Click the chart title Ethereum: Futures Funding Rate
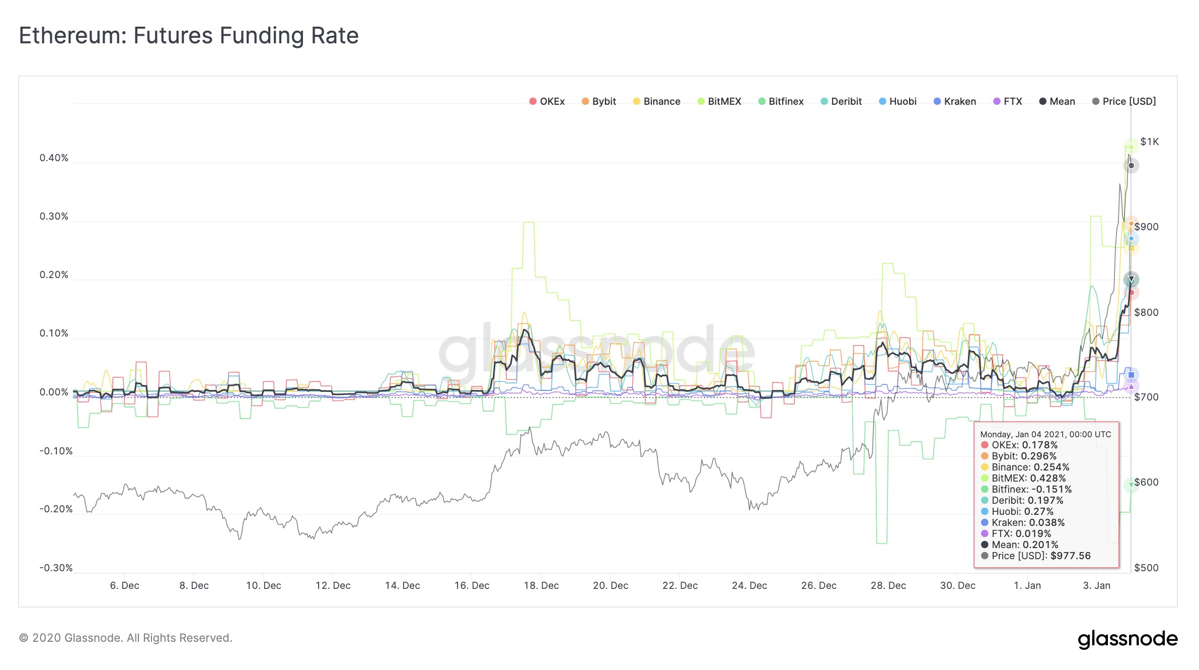pyautogui.click(x=189, y=36)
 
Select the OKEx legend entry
pyautogui.click(x=547, y=101)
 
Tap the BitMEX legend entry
pyautogui.click(x=719, y=101)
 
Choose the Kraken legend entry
pyautogui.click(x=955, y=101)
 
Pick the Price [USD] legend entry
pyautogui.click(x=1124, y=101)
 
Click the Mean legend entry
pyautogui.click(x=1058, y=101)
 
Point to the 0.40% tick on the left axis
pyautogui.click(x=54, y=158)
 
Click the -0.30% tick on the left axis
pyautogui.click(x=56, y=568)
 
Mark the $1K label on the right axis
pyautogui.click(x=1149, y=142)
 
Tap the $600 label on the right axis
pyautogui.click(x=1146, y=482)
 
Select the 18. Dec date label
pyautogui.click(x=541, y=585)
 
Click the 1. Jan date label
pyautogui.click(x=1027, y=585)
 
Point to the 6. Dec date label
pyautogui.click(x=124, y=585)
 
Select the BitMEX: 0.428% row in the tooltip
pyautogui.click(x=1028, y=478)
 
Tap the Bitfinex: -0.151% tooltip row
pyautogui.click(x=1031, y=489)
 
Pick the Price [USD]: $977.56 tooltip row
pyautogui.click(x=1040, y=556)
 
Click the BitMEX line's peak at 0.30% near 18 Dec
pyautogui.click(x=529, y=222)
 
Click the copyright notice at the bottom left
pyautogui.click(x=125, y=638)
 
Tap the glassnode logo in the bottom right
pyautogui.click(x=1128, y=639)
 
